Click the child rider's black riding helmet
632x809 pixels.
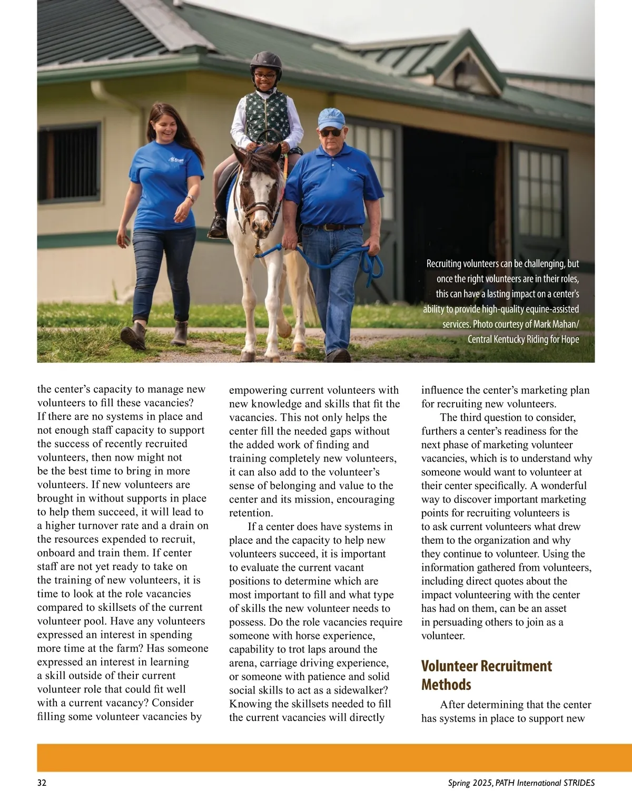click(265, 62)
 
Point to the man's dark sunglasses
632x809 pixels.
click(331, 132)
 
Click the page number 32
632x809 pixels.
click(42, 783)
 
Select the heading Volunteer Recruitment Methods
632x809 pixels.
click(486, 675)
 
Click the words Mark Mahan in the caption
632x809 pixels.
click(557, 324)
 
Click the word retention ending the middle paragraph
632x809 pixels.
click(251, 513)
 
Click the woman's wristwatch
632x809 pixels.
click(190, 199)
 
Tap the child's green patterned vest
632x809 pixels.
click(267, 117)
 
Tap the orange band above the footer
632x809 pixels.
click(316, 757)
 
